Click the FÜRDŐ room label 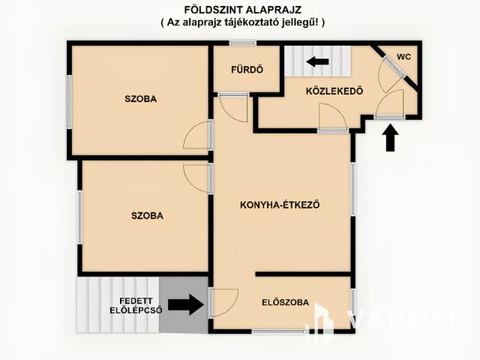point(247,70)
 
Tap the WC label point(403,57)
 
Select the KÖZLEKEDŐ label point(334,91)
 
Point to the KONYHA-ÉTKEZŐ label point(280,205)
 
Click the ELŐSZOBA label point(285,302)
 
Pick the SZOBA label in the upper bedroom point(140,99)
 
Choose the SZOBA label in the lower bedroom point(147,215)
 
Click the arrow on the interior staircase point(317,61)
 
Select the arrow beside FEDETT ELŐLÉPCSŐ point(186,304)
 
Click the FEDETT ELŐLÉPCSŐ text point(136,306)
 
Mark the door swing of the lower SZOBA point(196,178)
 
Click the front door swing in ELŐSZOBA point(225,302)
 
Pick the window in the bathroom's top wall point(243,43)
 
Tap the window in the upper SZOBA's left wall point(70,102)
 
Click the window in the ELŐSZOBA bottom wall point(278,331)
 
